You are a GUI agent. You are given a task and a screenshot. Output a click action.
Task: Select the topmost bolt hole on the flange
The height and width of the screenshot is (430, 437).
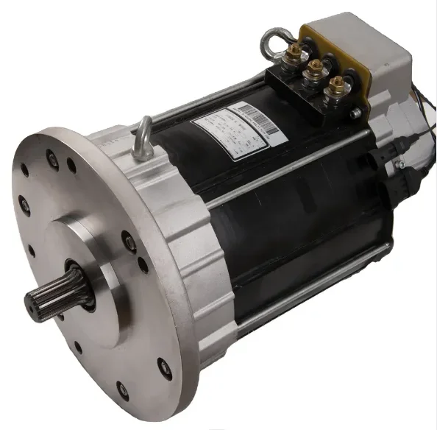click(52, 156)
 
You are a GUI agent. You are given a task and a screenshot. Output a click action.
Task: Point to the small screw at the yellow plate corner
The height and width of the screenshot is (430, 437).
click(356, 113)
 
